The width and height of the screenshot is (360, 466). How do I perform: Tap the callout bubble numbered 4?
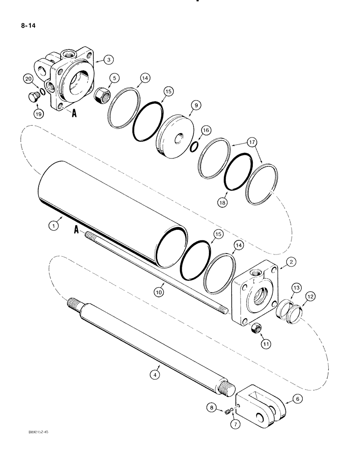coord(156,373)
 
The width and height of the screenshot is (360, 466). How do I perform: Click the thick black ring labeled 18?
coord(238,172)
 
